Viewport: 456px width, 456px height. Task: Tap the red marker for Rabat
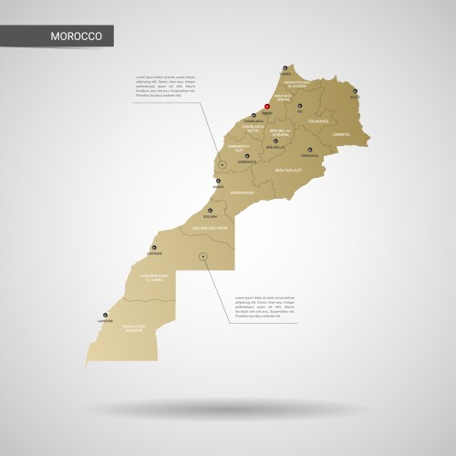(x=266, y=108)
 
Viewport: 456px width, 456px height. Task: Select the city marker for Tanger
(x=285, y=68)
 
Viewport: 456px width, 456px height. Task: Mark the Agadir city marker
(x=218, y=181)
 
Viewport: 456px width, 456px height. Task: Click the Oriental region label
(x=341, y=134)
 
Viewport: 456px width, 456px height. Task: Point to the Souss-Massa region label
(x=242, y=193)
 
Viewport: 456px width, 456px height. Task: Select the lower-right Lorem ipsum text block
(x=264, y=306)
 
